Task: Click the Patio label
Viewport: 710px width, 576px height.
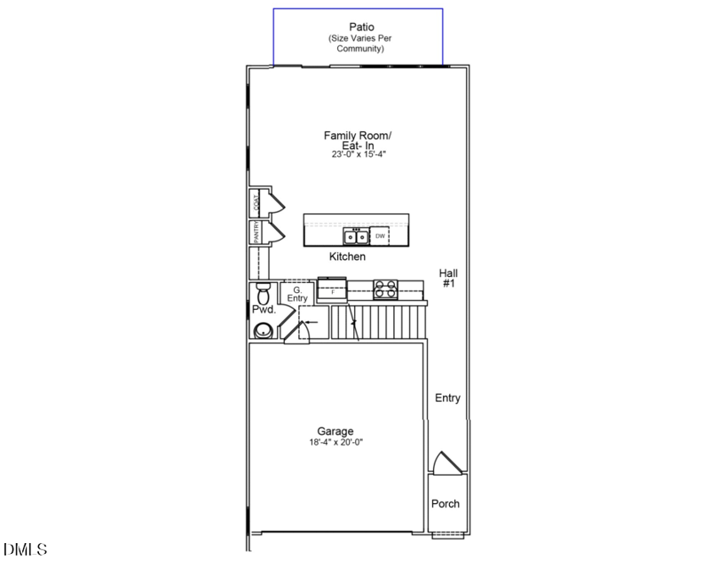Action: tap(359, 27)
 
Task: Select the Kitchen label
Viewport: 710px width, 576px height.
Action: tap(347, 256)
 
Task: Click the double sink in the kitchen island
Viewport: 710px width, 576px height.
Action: tap(357, 236)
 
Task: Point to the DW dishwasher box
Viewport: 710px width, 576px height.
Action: tap(381, 236)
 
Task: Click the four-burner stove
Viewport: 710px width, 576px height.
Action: tap(384, 288)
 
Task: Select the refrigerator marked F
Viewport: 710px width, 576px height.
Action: tap(332, 289)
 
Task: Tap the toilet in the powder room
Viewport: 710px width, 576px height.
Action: tap(261, 292)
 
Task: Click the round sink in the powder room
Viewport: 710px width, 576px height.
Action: tap(264, 331)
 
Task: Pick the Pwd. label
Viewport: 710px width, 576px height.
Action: tap(264, 311)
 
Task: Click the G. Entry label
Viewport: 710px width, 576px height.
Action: tap(296, 294)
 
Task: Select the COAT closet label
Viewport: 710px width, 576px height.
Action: tap(256, 201)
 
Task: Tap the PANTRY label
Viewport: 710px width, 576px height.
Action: tap(256, 232)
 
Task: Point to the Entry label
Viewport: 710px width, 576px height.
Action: tap(447, 398)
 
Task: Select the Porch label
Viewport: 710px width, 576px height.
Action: tap(446, 504)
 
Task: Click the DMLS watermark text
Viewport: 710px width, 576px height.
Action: tap(25, 550)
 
